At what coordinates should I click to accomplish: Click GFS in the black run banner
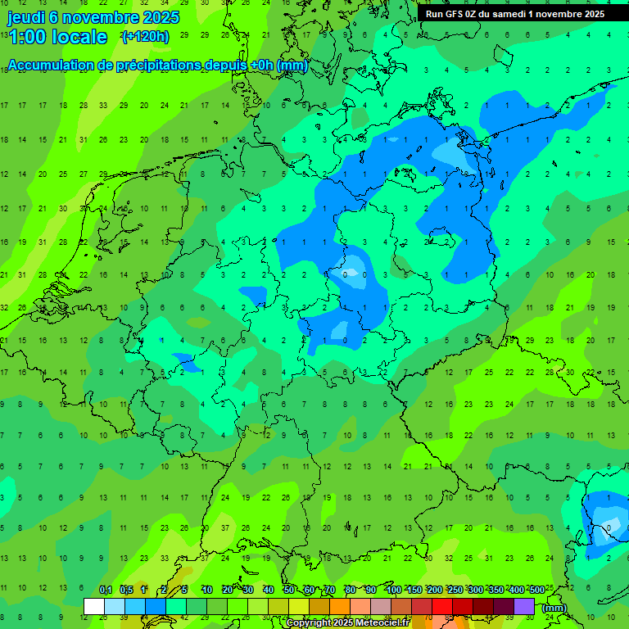pyautogui.click(x=453, y=14)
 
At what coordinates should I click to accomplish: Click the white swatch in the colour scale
pyautogui.click(x=94, y=607)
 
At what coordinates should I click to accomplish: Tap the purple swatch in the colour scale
pyautogui.click(x=524, y=607)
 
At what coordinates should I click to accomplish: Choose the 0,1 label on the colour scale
pyautogui.click(x=106, y=591)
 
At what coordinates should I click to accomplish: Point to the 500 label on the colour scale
pyautogui.click(x=537, y=591)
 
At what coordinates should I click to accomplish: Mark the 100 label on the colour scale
pyautogui.click(x=393, y=591)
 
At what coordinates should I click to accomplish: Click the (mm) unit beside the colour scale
pyautogui.click(x=554, y=608)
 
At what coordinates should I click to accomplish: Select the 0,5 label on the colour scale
pyautogui.click(x=126, y=591)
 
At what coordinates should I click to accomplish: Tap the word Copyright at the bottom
pyautogui.click(x=308, y=623)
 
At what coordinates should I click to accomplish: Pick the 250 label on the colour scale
pyautogui.click(x=455, y=591)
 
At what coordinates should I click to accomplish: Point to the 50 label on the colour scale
pyautogui.click(x=289, y=591)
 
